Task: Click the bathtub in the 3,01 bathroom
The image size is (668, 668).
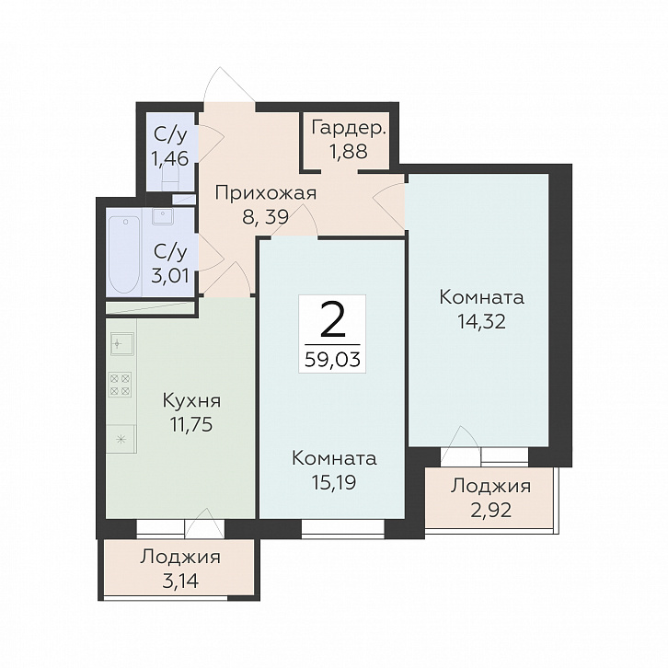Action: point(124,255)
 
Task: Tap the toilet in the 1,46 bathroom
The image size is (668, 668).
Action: point(170,179)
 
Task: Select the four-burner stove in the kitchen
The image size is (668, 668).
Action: point(121,385)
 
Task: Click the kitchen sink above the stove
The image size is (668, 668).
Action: point(122,344)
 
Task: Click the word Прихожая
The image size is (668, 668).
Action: point(266,193)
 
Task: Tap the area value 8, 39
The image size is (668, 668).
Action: point(265,217)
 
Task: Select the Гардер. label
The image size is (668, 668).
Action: point(349,127)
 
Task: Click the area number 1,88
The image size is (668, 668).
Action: point(349,151)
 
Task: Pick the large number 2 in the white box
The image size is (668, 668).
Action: point(332,320)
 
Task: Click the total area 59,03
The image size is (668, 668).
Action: point(333,360)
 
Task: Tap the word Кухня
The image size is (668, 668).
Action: point(191,401)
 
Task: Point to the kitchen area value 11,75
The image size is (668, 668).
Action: point(191,425)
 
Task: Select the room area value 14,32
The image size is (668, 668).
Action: point(481,321)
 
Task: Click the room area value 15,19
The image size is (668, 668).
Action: point(334,483)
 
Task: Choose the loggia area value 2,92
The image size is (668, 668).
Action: point(490,510)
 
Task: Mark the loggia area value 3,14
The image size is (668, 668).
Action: point(180,581)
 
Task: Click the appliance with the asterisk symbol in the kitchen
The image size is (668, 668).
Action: point(121,439)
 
